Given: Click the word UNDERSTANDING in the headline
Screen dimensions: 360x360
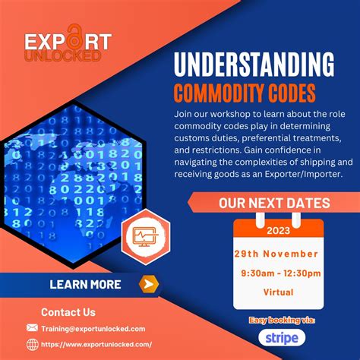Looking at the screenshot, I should (x=253, y=65).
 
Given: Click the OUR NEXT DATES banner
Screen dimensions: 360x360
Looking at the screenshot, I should (x=273, y=203).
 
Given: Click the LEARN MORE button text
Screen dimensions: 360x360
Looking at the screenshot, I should (x=85, y=285).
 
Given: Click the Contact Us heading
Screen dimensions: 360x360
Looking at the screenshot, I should (x=68, y=311).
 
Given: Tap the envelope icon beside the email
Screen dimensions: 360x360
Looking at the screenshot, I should (x=32, y=328).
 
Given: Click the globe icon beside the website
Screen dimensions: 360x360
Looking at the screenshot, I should (x=32, y=344).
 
